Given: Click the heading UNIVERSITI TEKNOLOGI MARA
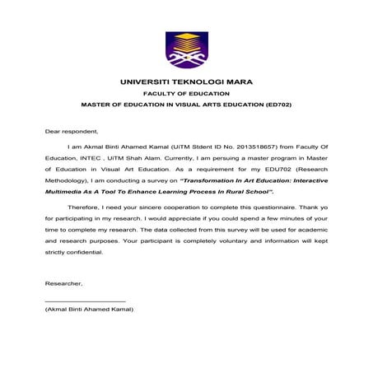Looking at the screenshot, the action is coord(186,84).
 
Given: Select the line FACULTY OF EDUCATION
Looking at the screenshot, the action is coord(186,96).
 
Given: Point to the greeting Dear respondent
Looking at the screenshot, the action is coord(72,132).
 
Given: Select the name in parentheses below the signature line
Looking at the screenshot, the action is coord(89,310).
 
